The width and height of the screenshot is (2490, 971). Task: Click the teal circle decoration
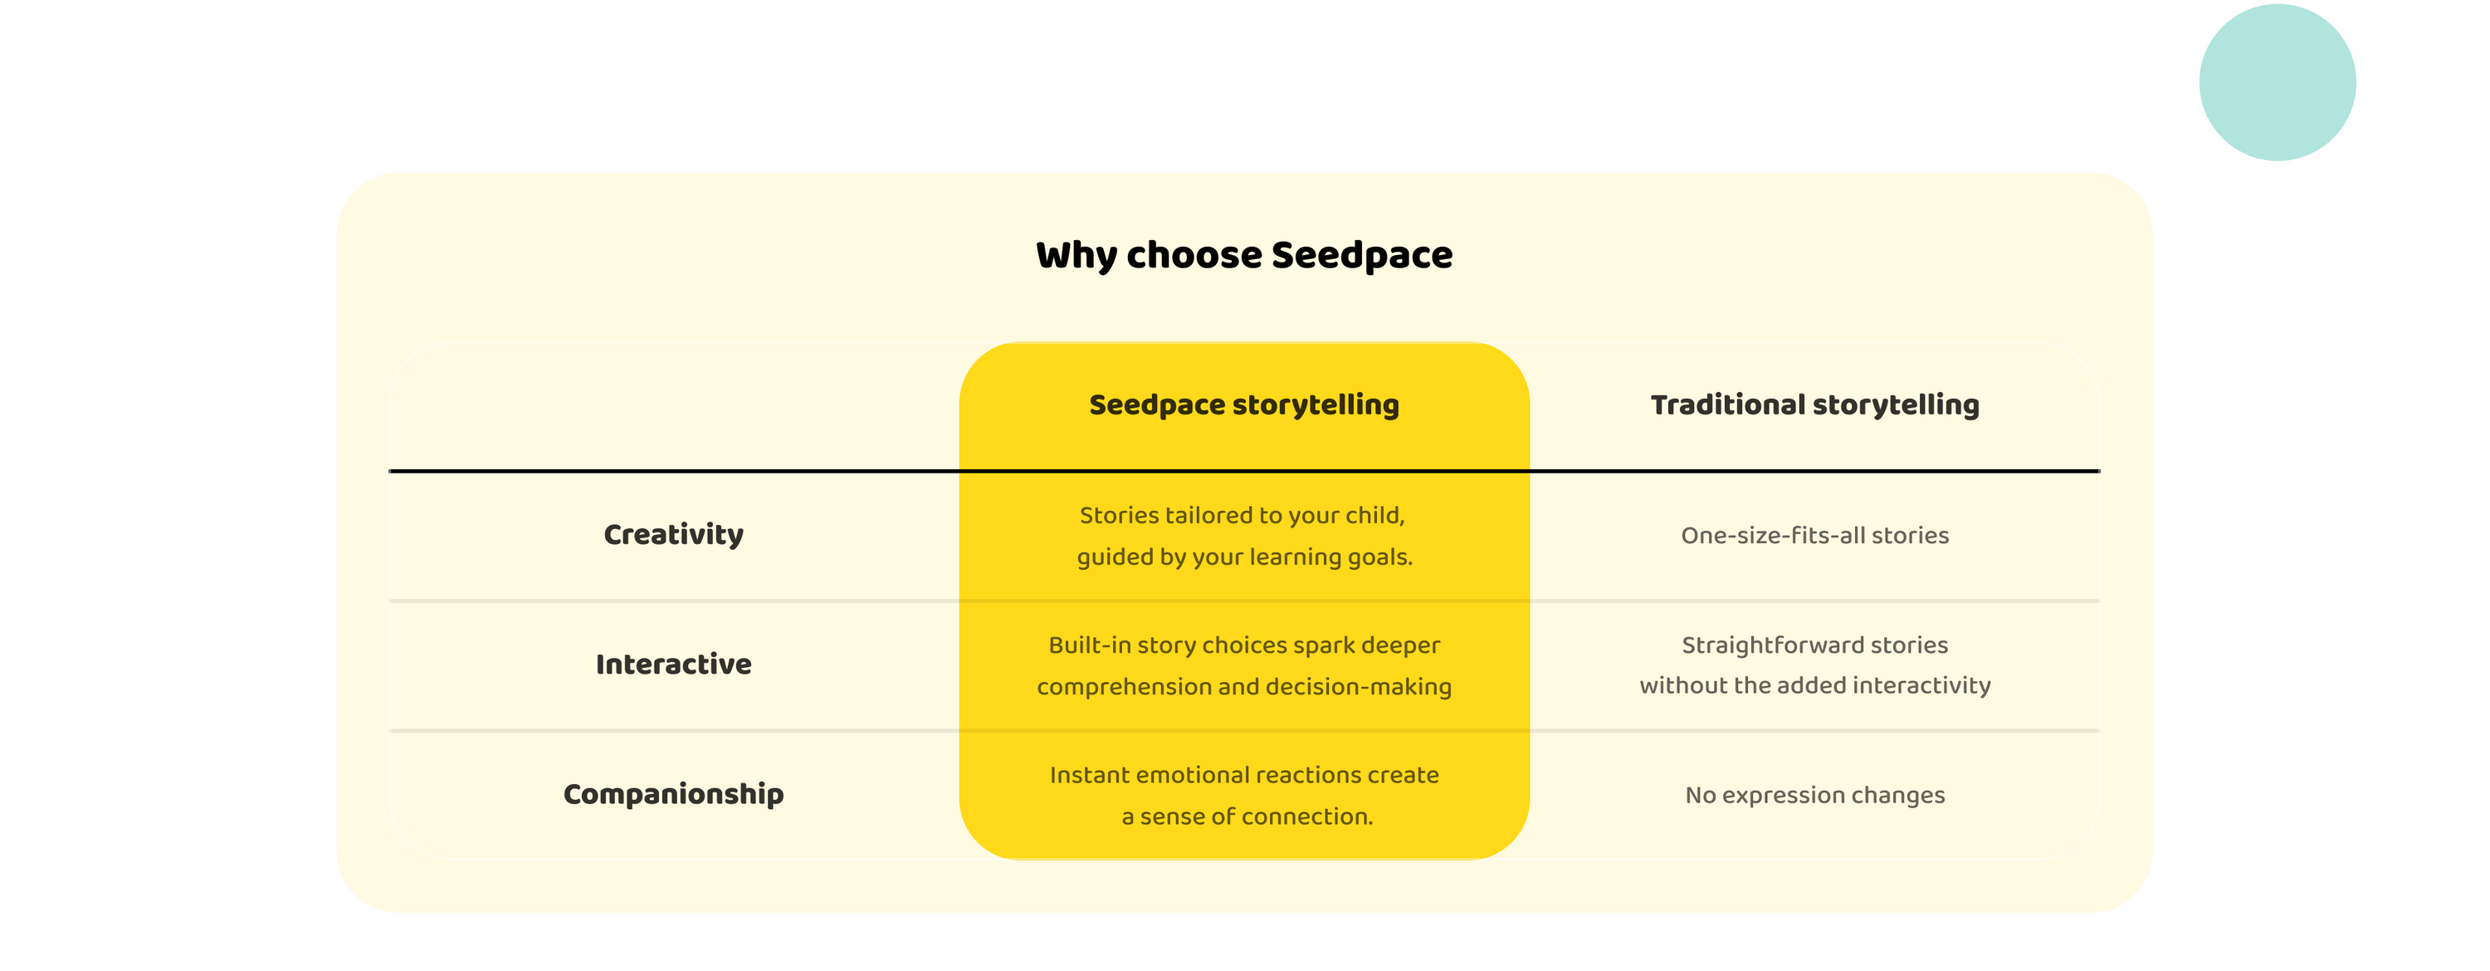[x=2277, y=82]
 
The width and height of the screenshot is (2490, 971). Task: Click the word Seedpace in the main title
[x=1361, y=255]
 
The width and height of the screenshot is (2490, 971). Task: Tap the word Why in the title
[x=1076, y=255]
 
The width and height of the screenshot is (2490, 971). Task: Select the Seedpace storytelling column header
[x=1244, y=405]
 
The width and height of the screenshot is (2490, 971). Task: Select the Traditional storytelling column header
[x=1814, y=405]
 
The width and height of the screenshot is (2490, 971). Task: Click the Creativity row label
[x=674, y=535]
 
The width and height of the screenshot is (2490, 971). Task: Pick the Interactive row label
[x=674, y=664]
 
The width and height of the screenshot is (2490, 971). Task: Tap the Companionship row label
[x=674, y=794]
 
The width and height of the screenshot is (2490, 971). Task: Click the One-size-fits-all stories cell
[x=1814, y=536]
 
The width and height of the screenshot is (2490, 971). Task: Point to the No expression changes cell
[x=1814, y=795]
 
